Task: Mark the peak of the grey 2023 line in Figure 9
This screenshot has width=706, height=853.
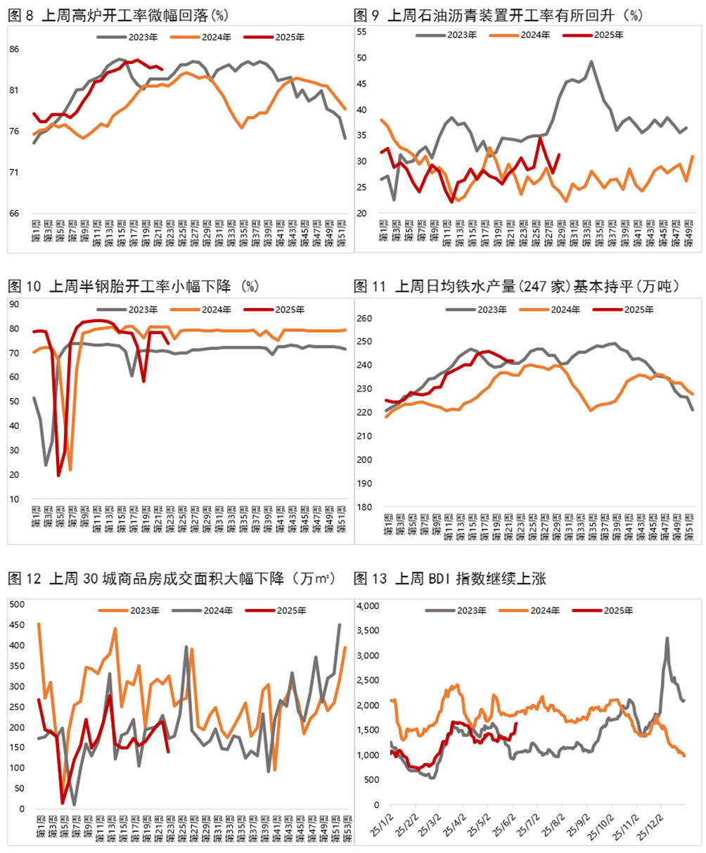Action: click(x=591, y=62)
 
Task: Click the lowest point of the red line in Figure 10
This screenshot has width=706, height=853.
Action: click(x=58, y=476)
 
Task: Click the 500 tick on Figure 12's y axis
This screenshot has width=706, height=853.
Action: click(x=16, y=604)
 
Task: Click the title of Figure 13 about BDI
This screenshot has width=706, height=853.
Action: click(x=450, y=579)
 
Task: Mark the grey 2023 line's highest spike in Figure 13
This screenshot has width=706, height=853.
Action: click(x=667, y=639)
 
